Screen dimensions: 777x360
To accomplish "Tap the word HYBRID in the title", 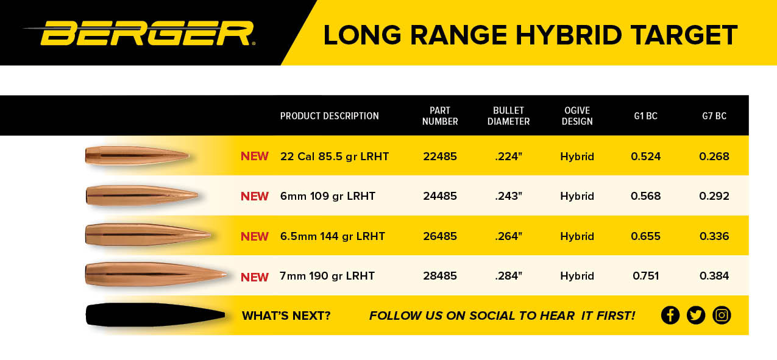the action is click(568, 35).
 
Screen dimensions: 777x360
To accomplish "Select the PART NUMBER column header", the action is click(440, 116).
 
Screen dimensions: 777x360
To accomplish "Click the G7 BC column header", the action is click(714, 116).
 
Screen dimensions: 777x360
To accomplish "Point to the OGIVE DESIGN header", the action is click(577, 116).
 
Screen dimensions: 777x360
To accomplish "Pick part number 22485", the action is click(440, 157).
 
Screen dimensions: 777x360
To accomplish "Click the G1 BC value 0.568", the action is click(645, 196).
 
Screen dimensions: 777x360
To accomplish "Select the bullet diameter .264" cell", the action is click(508, 236).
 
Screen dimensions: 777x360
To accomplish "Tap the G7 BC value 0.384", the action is click(714, 276).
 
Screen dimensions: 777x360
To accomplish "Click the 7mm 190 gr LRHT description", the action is click(327, 276).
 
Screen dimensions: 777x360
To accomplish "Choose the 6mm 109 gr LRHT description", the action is click(328, 196).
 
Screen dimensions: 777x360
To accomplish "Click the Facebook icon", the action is click(670, 316).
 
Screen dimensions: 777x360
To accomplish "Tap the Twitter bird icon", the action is click(696, 316).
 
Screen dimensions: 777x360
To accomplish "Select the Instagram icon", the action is click(722, 316).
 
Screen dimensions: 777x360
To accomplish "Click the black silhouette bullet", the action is click(155, 315).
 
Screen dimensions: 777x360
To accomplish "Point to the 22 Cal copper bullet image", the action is click(137, 156).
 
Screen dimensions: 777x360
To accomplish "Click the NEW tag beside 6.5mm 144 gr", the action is click(255, 236).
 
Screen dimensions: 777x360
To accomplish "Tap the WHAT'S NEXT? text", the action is click(286, 316).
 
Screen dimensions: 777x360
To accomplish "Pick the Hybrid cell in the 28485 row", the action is click(577, 276).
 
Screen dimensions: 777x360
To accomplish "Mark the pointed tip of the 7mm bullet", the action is click(227, 275).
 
